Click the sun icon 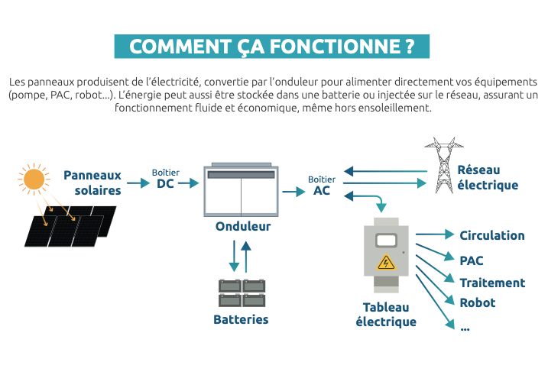click(34, 179)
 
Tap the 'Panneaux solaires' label click(92, 183)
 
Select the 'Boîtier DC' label click(166, 179)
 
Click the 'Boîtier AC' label click(322, 186)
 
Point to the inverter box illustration click(242, 189)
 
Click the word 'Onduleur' click(243, 226)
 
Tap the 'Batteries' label click(241, 319)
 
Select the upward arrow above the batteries click(246, 257)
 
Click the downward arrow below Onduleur click(234, 256)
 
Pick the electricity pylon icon click(444, 165)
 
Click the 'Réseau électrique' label click(488, 177)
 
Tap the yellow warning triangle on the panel click(386, 262)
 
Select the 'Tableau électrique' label click(386, 315)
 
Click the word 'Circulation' click(492, 235)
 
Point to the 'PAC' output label click(472, 260)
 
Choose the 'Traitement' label click(492, 283)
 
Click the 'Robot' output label click(478, 302)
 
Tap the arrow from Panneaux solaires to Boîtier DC click(138, 183)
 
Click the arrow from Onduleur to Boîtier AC click(294, 192)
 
